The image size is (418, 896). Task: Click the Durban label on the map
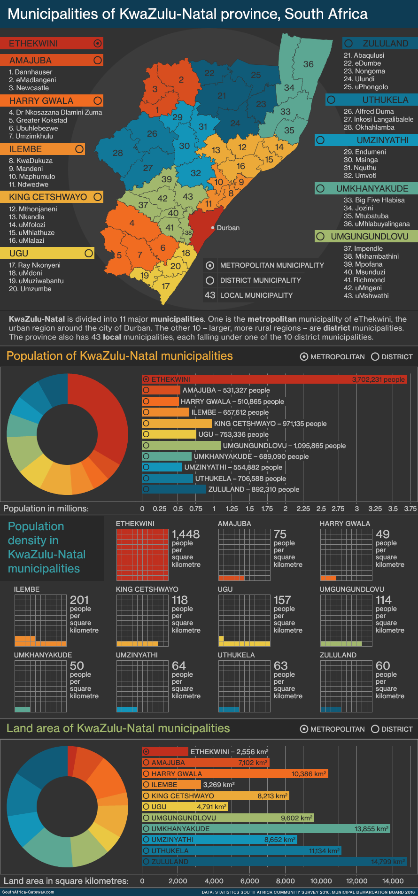tap(228, 228)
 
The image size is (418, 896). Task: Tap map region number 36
tap(308, 64)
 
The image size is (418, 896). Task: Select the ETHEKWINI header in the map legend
tap(51, 44)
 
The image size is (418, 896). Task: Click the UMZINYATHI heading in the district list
tap(367, 140)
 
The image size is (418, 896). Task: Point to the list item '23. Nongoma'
tap(364, 71)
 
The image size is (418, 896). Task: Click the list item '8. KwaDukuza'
tap(31, 161)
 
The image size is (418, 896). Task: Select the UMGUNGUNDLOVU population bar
tap(181, 446)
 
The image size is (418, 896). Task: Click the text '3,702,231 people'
tap(378, 379)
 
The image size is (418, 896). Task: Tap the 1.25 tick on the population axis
tap(232, 509)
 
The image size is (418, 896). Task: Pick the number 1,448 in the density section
tap(186, 534)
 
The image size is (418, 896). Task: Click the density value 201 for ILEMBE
tap(79, 600)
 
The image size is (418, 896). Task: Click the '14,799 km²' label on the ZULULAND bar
tap(387, 862)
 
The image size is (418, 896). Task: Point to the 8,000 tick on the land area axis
tap(286, 881)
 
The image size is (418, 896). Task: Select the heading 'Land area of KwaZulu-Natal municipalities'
tap(118, 728)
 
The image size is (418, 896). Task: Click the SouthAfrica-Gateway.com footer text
tap(28, 892)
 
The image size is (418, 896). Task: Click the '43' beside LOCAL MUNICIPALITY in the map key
tap(210, 295)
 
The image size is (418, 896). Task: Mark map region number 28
tap(117, 153)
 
